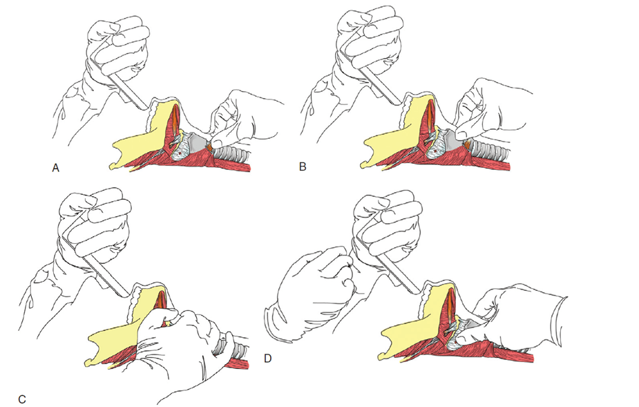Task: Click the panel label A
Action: coord(56,168)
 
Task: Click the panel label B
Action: coord(303,167)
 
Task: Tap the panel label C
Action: coord(22,399)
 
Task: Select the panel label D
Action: coord(268,359)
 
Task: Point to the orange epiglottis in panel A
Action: coord(175,117)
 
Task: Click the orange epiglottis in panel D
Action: coord(450,304)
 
